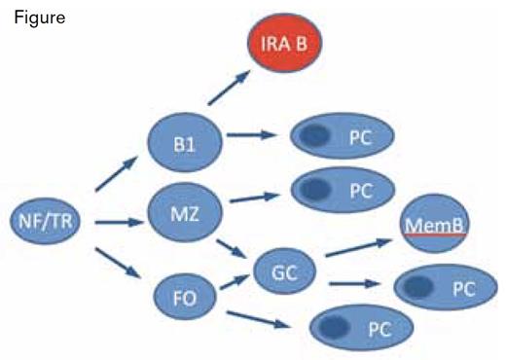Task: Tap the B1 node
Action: pos(186,142)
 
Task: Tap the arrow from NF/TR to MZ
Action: pos(121,222)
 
